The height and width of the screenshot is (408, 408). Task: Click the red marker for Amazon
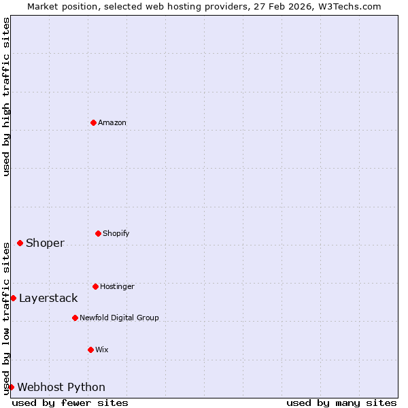coord(93,122)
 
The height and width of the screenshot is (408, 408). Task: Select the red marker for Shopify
coord(98,233)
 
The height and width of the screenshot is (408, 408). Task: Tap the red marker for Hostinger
coord(95,286)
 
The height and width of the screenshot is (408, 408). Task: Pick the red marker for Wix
coord(90,350)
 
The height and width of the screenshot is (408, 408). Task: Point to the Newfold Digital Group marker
coord(75,318)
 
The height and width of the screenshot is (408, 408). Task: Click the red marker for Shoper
coord(20,243)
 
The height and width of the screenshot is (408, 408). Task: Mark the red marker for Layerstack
coord(13,298)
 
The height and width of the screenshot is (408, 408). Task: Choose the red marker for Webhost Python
coord(11,387)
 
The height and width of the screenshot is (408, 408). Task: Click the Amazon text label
coord(112,122)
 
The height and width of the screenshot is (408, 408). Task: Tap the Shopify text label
coord(116,233)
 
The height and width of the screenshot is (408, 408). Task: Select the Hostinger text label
coord(117,286)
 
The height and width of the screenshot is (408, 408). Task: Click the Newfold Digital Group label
coord(119,318)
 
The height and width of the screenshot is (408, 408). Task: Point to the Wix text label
coord(102,350)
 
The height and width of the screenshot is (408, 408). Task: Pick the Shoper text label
coord(45,243)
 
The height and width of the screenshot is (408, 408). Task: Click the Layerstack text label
coord(48,298)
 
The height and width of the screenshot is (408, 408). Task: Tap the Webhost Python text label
coord(61,387)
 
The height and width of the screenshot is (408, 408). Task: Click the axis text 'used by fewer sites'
coord(70,403)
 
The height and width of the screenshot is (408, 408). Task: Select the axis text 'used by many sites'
coord(341,403)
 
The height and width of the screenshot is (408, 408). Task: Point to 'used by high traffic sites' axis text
coord(6,97)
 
